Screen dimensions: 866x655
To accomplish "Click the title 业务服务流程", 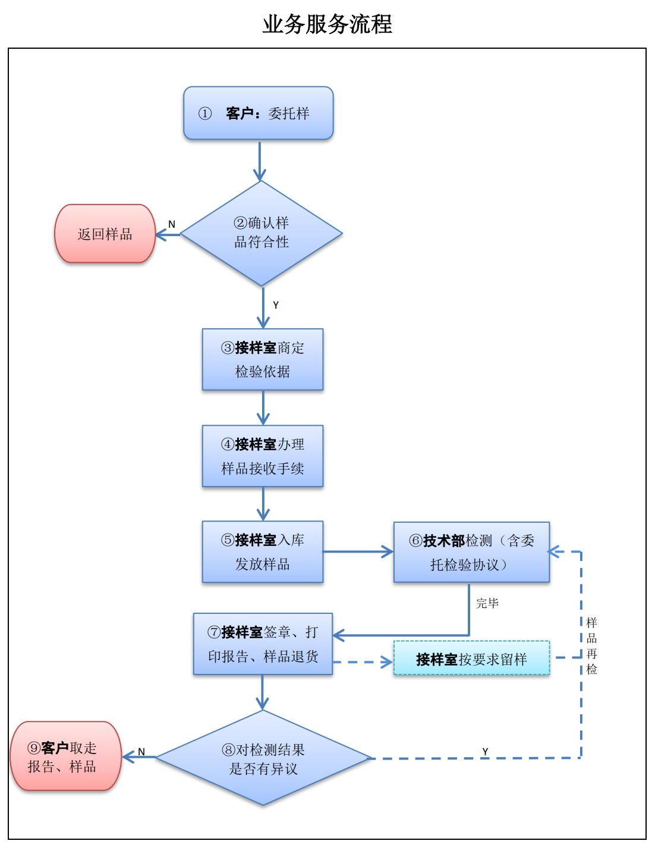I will [x=327, y=24].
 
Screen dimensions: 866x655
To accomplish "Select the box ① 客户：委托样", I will [x=259, y=113].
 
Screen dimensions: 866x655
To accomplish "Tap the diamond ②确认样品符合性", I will [x=262, y=233].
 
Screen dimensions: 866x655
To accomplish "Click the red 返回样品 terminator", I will [x=105, y=234].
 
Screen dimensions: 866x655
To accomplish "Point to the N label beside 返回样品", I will [x=172, y=224].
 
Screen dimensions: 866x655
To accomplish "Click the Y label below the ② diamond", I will [x=276, y=305].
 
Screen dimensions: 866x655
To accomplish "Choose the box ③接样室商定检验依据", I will [x=263, y=359].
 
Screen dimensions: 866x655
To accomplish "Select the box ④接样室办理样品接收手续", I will [x=263, y=456].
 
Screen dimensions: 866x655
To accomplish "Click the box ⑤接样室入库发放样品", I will [x=263, y=552].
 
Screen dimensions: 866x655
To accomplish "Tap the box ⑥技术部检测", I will [x=471, y=552].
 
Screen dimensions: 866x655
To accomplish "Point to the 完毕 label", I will [x=487, y=603].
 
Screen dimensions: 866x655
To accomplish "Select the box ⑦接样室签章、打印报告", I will [x=263, y=644].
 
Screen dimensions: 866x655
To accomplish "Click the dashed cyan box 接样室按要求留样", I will [x=471, y=658].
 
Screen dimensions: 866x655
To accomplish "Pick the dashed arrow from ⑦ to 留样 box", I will [x=363, y=662].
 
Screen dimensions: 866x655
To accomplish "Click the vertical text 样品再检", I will [x=591, y=646].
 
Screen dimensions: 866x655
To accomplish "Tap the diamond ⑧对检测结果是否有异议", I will [x=263, y=758].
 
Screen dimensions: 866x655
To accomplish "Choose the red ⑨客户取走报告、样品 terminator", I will [x=65, y=757].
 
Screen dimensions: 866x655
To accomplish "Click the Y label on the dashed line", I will [x=485, y=751].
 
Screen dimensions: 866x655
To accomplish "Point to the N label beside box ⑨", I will [x=141, y=752].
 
